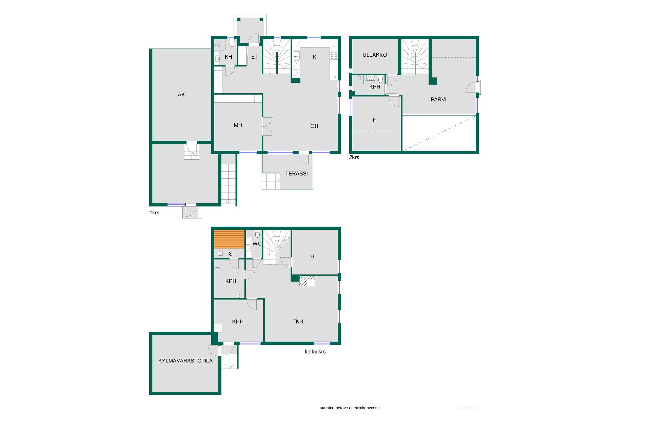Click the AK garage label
pos(181,95)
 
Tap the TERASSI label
pos(296,174)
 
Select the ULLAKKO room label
pos(375,55)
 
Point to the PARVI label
pos(438,100)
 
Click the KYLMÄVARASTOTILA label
pos(185,361)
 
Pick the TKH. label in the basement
pos(298,321)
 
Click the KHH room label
pos(238,321)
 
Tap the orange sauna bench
pos(229,239)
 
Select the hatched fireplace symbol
pos(307,281)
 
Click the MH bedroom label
pos(238,125)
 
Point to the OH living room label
pos(314,126)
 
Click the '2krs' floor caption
pos(354,157)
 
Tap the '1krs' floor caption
pos(154,213)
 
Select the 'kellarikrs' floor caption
pos(315,352)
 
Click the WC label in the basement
pos(257,244)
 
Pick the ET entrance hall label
pos(254,57)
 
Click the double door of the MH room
pos(267,126)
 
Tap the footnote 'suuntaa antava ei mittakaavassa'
pos(350,408)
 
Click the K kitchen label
pos(314,57)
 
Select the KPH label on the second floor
pos(375,87)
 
